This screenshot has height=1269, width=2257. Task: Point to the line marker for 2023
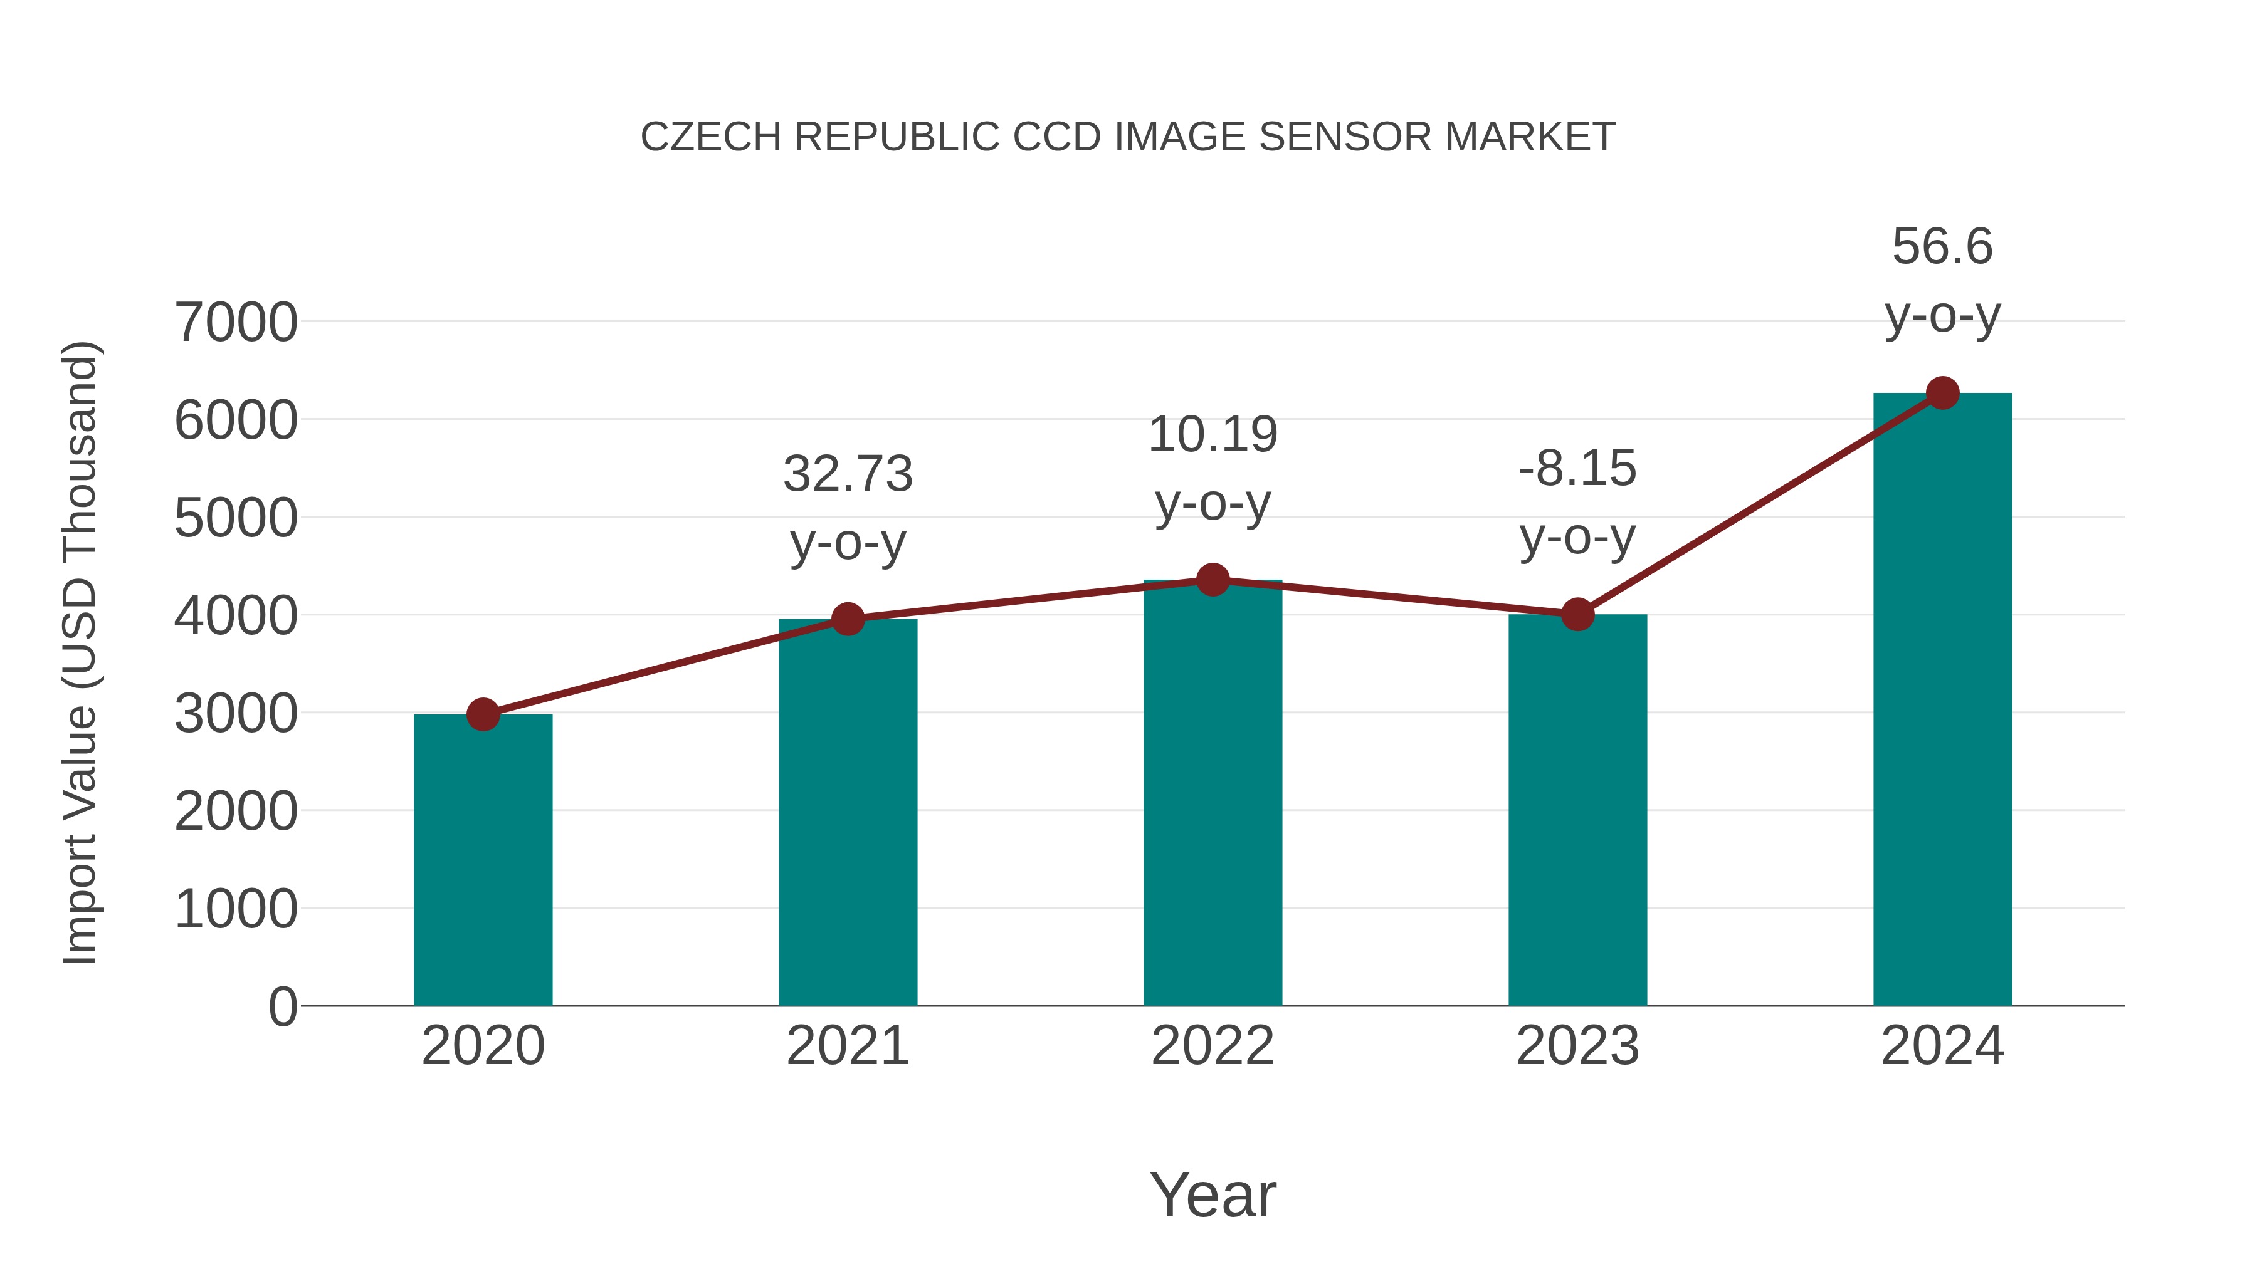pyautogui.click(x=1577, y=615)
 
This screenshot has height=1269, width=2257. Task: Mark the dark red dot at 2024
pyautogui.click(x=1942, y=393)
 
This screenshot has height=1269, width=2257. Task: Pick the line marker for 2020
pyautogui.click(x=483, y=714)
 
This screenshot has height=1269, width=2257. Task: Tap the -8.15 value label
pyautogui.click(x=1577, y=469)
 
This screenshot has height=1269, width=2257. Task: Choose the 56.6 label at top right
pyautogui.click(x=1942, y=246)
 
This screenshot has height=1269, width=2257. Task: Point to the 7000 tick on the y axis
pyautogui.click(x=236, y=322)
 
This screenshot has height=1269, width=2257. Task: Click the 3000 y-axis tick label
pyautogui.click(x=236, y=714)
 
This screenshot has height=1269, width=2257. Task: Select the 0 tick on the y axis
pyautogui.click(x=282, y=1006)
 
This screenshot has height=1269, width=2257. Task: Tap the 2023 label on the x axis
pyautogui.click(x=1577, y=1046)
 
